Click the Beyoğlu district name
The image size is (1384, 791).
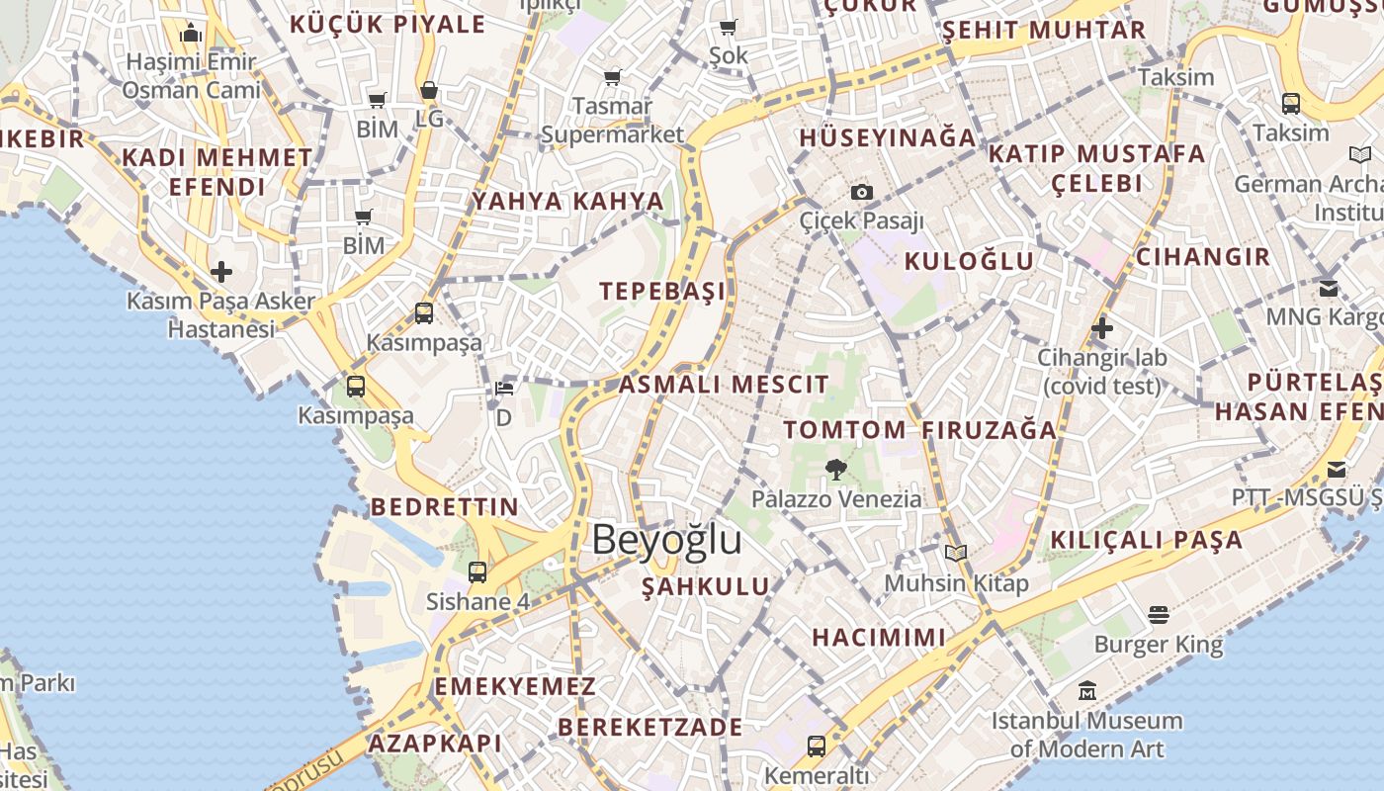coord(666,540)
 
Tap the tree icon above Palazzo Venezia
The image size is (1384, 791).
coord(836,469)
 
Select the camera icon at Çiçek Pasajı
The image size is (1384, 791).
coord(861,192)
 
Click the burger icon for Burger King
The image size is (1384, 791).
coord(1159,615)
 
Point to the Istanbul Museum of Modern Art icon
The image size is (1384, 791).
coord(1087,690)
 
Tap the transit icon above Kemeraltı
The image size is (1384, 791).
coord(817,746)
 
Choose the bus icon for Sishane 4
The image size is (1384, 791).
coord(477,571)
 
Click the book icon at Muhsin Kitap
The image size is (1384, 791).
coord(955,554)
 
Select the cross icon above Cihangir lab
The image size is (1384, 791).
coord(1102,328)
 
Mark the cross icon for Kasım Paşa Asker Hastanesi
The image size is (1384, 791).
coord(221,271)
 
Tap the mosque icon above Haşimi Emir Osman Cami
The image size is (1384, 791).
coord(192,34)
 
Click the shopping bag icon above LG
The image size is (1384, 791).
coord(429,90)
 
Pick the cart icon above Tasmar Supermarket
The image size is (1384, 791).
coord(613,76)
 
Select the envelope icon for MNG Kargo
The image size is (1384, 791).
coord(1329,289)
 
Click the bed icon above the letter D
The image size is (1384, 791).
coord(504,389)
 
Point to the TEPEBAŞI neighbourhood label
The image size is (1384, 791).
coord(662,291)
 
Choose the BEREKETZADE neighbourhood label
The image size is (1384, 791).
coord(650,727)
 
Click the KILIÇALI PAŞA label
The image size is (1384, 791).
coord(1147,540)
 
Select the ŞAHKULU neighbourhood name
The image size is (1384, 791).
coord(706,586)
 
